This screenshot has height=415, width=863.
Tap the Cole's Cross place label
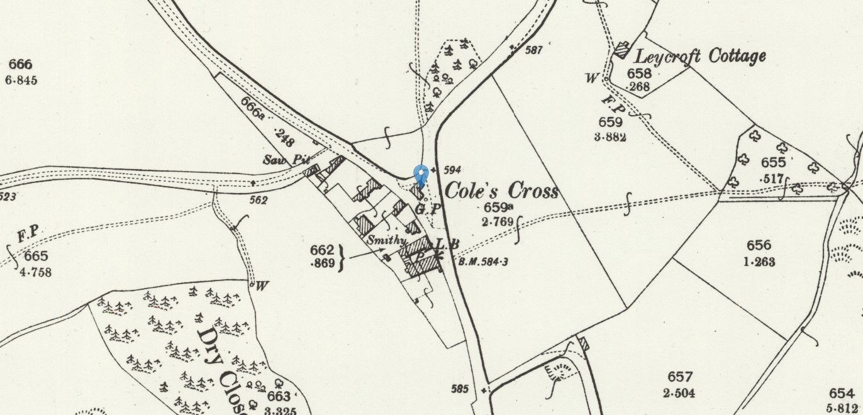coord(501,190)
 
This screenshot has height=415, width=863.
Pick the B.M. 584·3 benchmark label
coord(482,262)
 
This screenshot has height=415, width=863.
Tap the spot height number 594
coord(452,170)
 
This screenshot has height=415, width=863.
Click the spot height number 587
coord(533,50)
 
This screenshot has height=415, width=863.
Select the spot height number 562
coord(258,201)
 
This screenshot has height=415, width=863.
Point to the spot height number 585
coord(460,389)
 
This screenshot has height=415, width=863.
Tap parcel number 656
coord(759,246)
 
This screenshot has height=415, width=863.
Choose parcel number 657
coord(680,377)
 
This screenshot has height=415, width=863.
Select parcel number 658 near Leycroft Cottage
coord(639,73)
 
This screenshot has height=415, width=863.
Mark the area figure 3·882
coord(610,136)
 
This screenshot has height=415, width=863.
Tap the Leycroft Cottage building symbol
coord(621,50)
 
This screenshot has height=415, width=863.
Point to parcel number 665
coord(36,257)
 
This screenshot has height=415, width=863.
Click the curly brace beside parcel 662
coord(342,257)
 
